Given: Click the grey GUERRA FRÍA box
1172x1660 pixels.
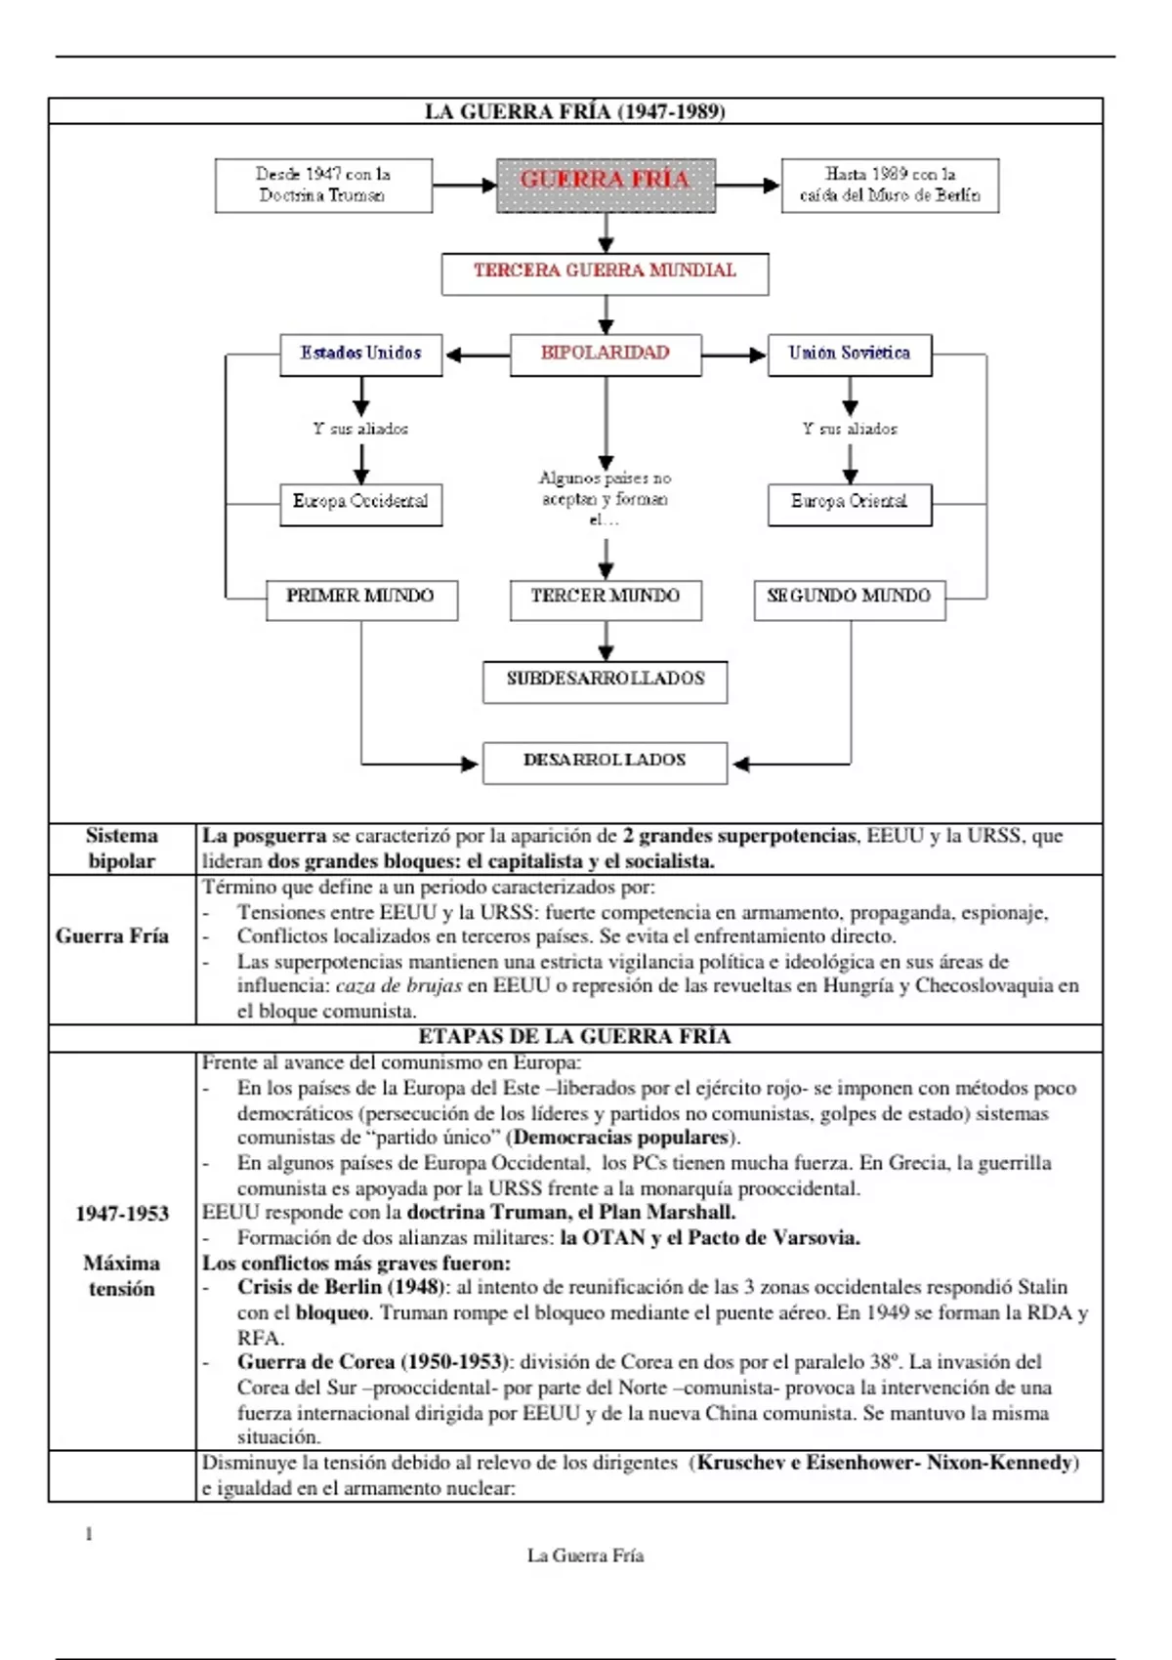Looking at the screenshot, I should (606, 185).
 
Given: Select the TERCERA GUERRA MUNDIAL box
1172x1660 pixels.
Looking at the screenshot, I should (605, 273).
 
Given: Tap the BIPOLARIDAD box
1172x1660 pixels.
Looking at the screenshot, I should (606, 354).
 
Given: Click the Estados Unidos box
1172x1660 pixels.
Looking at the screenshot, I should (360, 354).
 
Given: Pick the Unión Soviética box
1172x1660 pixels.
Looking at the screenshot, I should (849, 354).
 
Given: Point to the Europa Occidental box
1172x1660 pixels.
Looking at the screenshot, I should (360, 504).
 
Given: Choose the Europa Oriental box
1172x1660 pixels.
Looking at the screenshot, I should (849, 504).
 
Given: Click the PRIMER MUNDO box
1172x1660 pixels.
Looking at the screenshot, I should (361, 599).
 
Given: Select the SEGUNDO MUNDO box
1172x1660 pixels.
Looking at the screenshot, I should (849, 599).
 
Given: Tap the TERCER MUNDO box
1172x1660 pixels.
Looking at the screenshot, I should (606, 599).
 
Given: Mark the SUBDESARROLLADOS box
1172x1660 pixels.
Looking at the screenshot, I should (605, 682).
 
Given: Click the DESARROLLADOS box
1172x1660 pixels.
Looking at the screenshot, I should (605, 762).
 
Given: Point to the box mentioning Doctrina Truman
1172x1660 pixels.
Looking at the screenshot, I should (323, 185).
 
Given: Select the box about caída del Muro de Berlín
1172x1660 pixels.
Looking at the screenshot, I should (890, 185).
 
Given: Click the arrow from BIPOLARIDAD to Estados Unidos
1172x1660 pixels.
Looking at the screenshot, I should (477, 355).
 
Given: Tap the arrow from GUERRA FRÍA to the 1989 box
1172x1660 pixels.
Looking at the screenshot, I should (748, 185).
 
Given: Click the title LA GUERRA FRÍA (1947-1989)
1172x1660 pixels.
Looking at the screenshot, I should (574, 111).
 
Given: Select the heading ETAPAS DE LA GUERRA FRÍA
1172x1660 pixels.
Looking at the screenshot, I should (574, 1037).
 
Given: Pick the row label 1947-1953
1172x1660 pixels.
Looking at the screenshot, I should (122, 1214).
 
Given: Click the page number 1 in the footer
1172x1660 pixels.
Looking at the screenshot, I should (89, 1534).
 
